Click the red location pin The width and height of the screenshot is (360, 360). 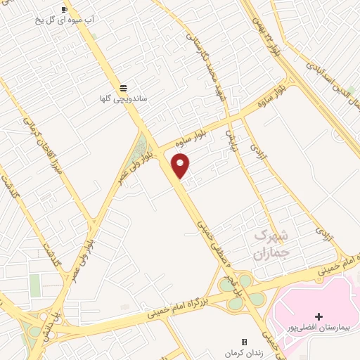(x=181, y=166)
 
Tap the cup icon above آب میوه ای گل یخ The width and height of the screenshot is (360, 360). (x=65, y=9)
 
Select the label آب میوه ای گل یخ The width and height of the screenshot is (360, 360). (x=70, y=20)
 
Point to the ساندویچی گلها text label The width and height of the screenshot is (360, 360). (x=123, y=99)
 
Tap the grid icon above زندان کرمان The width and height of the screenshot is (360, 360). (x=244, y=340)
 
